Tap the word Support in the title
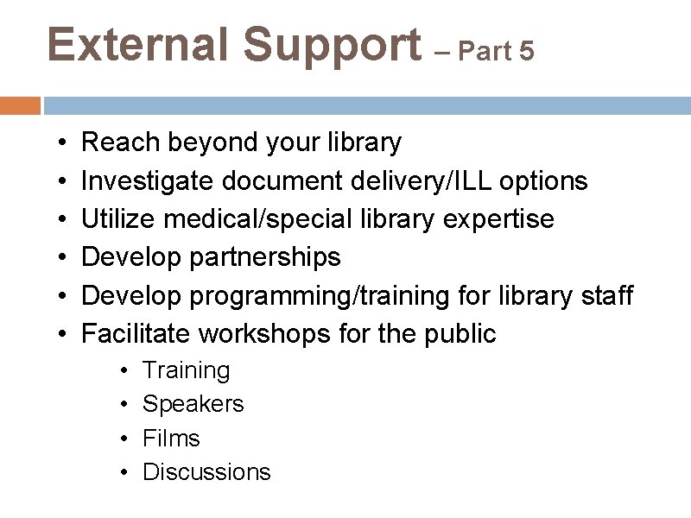point(332,45)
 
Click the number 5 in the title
point(527,52)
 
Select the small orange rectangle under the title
point(20,105)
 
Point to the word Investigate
point(148,180)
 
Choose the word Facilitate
point(136,333)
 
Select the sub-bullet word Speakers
point(193,404)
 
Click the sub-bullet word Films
point(171,438)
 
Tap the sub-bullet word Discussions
point(206,472)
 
